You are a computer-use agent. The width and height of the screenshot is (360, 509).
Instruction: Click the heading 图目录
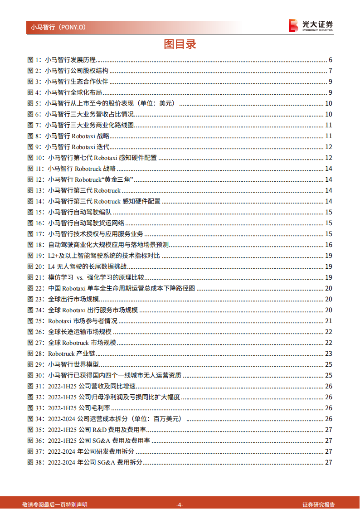pyautogui.click(x=180, y=44)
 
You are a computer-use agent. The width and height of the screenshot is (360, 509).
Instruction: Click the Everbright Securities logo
pyautogui.click(x=311, y=25)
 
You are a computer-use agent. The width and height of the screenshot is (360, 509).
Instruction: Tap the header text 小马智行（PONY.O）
pyautogui.click(x=58, y=27)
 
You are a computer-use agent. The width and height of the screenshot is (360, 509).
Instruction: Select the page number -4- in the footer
pyautogui.click(x=180, y=504)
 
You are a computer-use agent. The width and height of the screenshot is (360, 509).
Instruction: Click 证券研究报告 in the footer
pyautogui.click(x=319, y=504)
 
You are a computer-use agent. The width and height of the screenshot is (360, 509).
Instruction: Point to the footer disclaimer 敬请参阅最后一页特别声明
pyautogui.click(x=55, y=504)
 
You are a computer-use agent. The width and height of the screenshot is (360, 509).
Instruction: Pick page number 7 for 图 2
pyautogui.click(x=331, y=71)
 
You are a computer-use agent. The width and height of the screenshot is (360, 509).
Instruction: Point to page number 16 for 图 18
pyautogui.click(x=329, y=245)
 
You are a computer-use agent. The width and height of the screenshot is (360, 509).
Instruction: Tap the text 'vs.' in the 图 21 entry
pyautogui.click(x=80, y=277)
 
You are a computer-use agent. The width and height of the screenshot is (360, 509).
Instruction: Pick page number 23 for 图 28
pyautogui.click(x=329, y=354)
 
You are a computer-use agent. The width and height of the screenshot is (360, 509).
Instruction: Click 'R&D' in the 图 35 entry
pyautogui.click(x=100, y=430)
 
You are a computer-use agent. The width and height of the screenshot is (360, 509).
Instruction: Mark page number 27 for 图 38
pyautogui.click(x=329, y=462)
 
